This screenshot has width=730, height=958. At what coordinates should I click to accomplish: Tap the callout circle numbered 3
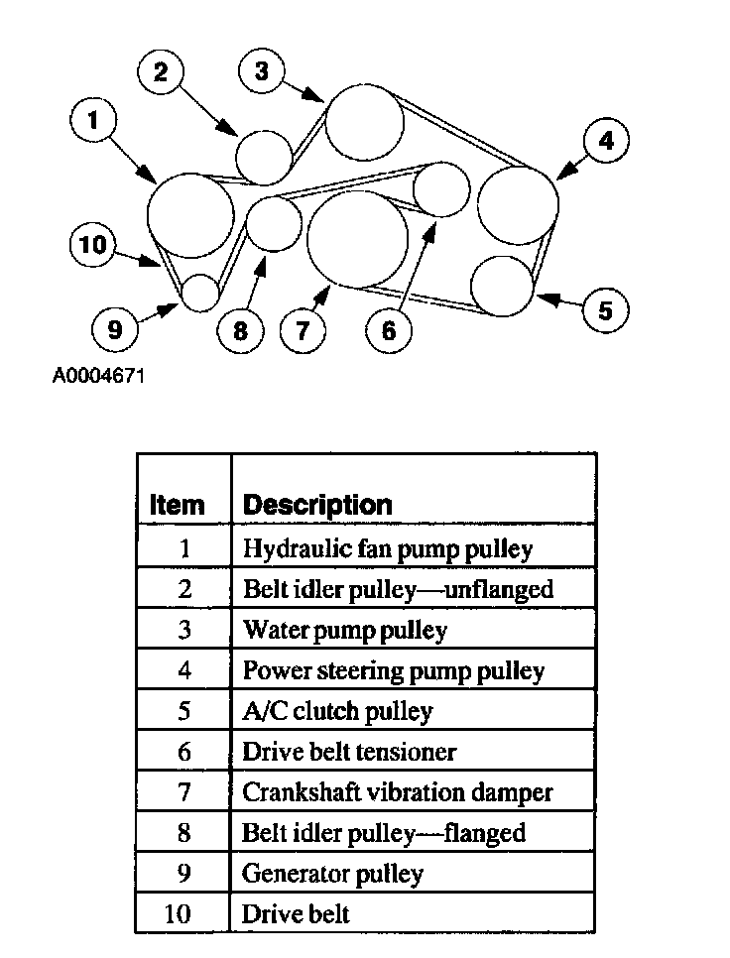point(262,70)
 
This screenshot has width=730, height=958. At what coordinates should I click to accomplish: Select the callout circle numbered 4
point(605,141)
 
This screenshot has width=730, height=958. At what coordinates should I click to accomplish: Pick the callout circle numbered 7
point(303,329)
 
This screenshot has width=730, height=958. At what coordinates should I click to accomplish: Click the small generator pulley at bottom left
point(200,292)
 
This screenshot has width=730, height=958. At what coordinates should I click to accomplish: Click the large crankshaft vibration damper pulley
point(357,238)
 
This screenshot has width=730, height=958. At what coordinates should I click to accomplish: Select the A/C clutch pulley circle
point(503,286)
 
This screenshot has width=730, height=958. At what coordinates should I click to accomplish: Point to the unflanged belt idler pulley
point(264,156)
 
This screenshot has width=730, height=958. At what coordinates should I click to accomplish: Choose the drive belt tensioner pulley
point(440,188)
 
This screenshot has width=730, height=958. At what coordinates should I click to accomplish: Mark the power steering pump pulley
point(518,203)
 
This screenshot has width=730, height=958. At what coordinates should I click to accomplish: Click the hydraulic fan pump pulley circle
point(190,213)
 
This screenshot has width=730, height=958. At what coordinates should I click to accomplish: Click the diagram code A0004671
point(99,377)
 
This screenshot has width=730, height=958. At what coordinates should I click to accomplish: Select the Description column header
point(317,504)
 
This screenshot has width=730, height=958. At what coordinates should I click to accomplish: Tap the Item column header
point(177,504)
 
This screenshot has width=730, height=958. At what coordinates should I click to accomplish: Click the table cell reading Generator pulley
point(333,873)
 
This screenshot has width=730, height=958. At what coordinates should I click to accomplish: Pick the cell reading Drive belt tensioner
point(349,751)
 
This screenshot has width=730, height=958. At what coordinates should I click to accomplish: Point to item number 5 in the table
point(184,711)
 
